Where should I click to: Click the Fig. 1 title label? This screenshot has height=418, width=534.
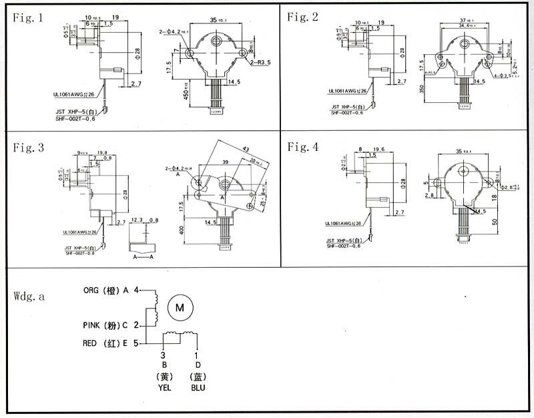[x=29, y=17]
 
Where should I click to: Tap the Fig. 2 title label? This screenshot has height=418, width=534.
[x=303, y=17]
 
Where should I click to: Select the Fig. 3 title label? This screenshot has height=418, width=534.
[x=29, y=148]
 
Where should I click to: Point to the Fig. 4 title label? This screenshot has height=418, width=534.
[x=303, y=148]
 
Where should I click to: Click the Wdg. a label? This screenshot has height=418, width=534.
[x=29, y=297]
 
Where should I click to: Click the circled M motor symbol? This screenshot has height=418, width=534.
[x=179, y=308]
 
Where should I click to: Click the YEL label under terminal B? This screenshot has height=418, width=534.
[x=164, y=387]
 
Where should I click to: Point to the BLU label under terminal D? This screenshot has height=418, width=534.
[x=198, y=387]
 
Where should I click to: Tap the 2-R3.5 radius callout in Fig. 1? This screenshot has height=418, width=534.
[x=262, y=63]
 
